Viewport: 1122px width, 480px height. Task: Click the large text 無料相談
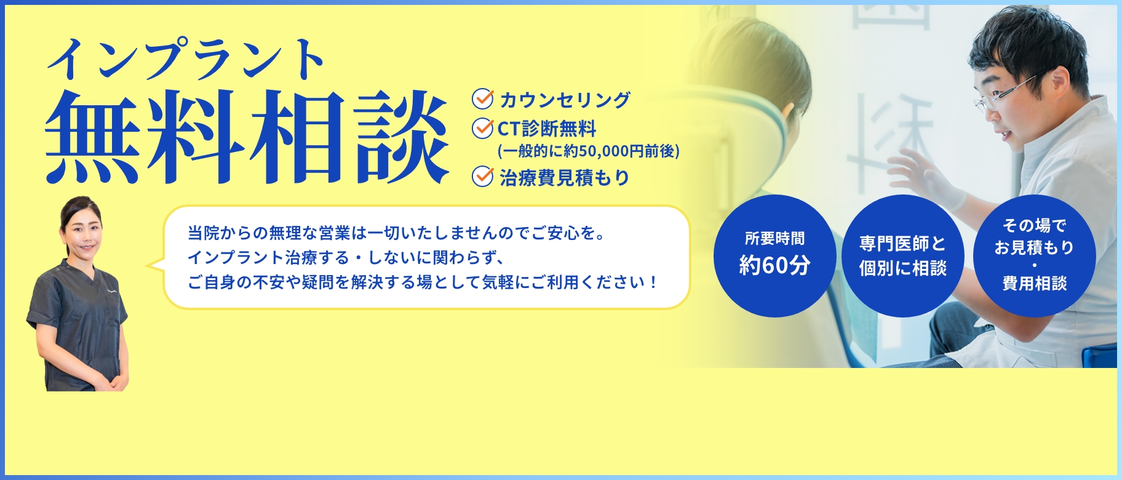coord(246,137)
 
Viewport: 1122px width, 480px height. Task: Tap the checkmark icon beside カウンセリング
coord(482,98)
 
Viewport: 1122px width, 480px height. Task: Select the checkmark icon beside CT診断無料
coord(482,128)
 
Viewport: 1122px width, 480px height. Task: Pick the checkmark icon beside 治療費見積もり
coord(482,177)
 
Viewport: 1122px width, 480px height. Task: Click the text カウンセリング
coord(565,100)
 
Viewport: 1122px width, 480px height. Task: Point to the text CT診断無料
coord(547,129)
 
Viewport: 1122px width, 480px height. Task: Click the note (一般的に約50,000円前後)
coord(588,151)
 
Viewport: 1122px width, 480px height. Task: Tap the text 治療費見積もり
coord(565,178)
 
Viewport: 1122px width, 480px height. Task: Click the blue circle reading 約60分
coord(774,256)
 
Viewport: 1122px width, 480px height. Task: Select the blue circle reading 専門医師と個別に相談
coord(902,256)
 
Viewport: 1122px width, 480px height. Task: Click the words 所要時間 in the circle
coord(774,239)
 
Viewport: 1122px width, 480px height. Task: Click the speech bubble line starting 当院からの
coord(397,233)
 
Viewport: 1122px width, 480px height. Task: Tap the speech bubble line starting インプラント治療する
coord(346,257)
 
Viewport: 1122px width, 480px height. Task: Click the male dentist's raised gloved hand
coord(923,178)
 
